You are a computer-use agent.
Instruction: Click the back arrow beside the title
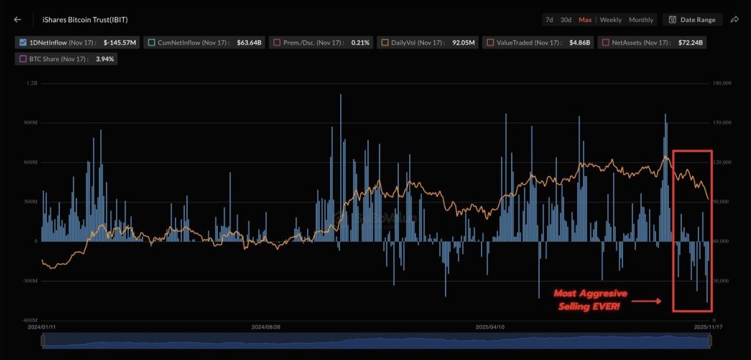tap(18, 20)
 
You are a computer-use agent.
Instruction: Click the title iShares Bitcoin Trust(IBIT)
tap(80, 20)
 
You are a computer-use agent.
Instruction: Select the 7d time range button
tap(549, 20)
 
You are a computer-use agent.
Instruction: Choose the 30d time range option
tap(565, 20)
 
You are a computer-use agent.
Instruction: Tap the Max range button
tap(585, 20)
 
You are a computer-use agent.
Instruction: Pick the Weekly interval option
tap(611, 20)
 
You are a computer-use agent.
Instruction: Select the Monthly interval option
tap(641, 20)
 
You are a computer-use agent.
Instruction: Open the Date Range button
tap(692, 20)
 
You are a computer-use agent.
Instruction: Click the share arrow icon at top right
tap(735, 20)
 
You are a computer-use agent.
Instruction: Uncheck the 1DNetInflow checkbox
tap(23, 43)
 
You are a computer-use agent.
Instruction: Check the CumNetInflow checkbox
tap(150, 43)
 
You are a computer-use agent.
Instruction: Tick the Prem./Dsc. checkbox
tap(276, 43)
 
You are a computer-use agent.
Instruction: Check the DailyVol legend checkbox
tap(384, 43)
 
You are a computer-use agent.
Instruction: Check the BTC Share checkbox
tap(23, 59)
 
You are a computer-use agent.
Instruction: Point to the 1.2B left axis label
tap(32, 84)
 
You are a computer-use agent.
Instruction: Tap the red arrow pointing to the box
tap(648, 301)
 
